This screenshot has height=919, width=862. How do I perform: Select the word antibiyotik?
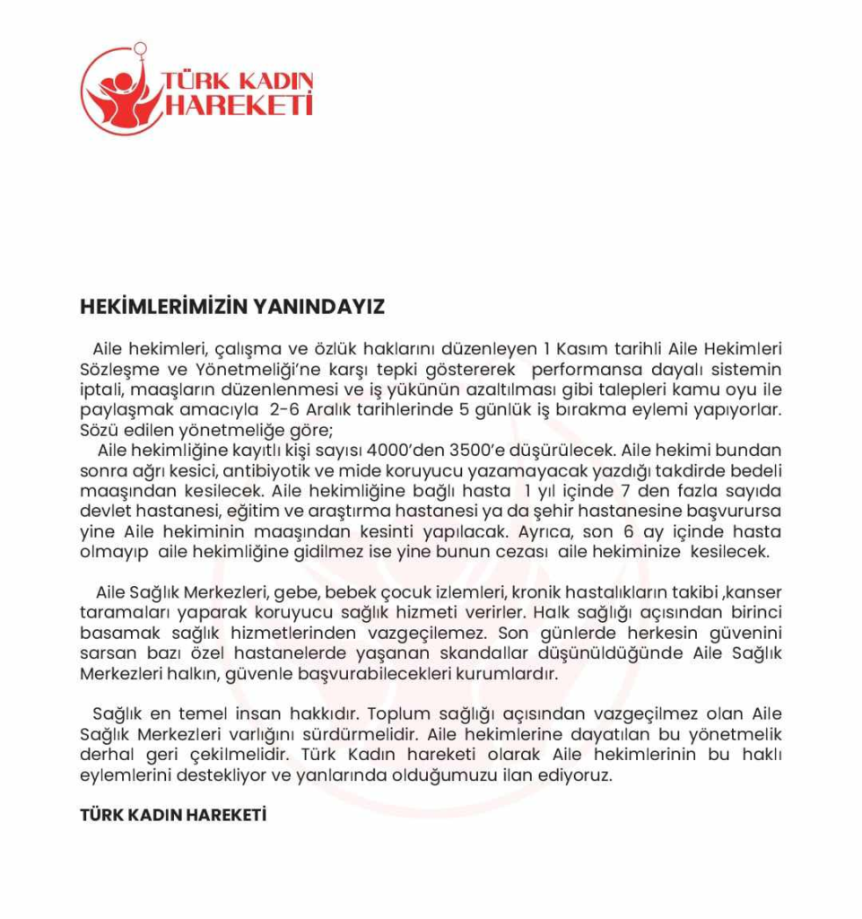[x=261, y=471]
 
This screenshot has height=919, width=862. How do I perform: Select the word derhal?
[x=107, y=755]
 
